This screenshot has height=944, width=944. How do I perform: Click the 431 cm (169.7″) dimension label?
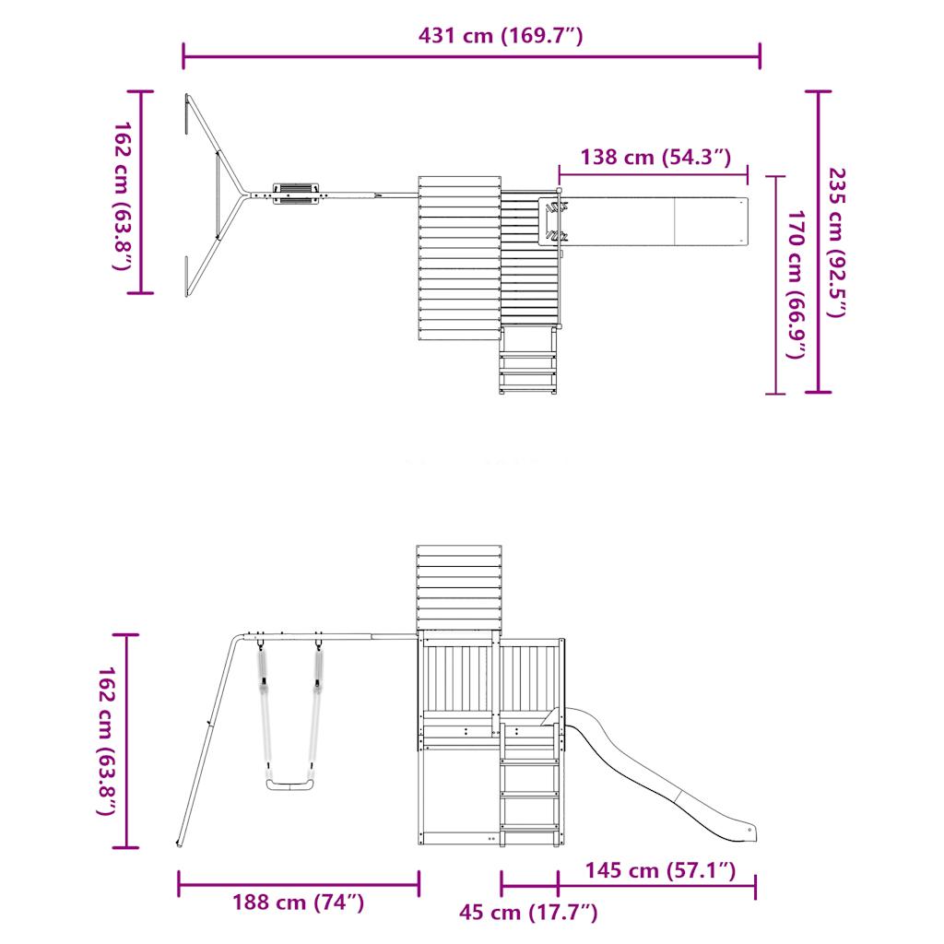click(x=501, y=37)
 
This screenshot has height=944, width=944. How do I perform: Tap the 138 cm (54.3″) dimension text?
click(x=655, y=157)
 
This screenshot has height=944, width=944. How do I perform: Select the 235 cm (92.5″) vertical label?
click(x=835, y=242)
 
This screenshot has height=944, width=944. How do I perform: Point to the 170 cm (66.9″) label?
click(x=796, y=284)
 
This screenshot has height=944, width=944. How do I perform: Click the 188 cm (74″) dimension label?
click(x=298, y=903)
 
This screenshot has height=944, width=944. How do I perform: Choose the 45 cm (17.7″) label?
click(x=528, y=913)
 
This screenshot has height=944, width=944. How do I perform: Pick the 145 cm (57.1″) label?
click(x=659, y=870)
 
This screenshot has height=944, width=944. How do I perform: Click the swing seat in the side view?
click(x=288, y=785)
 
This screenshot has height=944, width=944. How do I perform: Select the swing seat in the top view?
click(x=296, y=194)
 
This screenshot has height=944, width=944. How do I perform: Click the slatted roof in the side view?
click(x=459, y=585)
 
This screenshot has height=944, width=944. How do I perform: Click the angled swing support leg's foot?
click(x=179, y=843)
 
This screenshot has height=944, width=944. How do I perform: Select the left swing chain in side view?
click(x=263, y=701)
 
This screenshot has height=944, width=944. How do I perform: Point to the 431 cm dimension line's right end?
click(x=760, y=55)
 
